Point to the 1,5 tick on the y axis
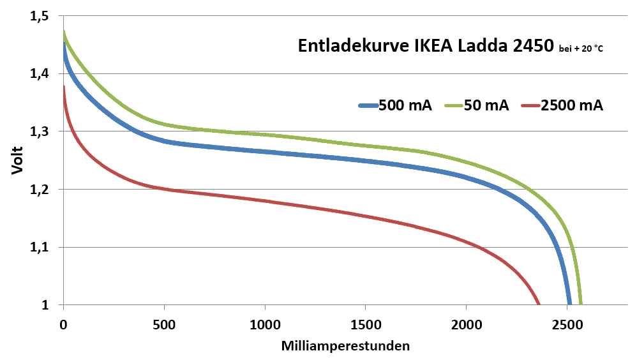(40, 16)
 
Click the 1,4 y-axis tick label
(40, 74)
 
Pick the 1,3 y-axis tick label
(40, 131)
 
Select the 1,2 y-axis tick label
(40, 190)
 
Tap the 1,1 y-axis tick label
(40, 248)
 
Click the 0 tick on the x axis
(63, 324)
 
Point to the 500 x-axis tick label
(164, 324)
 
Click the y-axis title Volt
(17, 161)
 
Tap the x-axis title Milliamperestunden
(345, 346)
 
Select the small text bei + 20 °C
(580, 49)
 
